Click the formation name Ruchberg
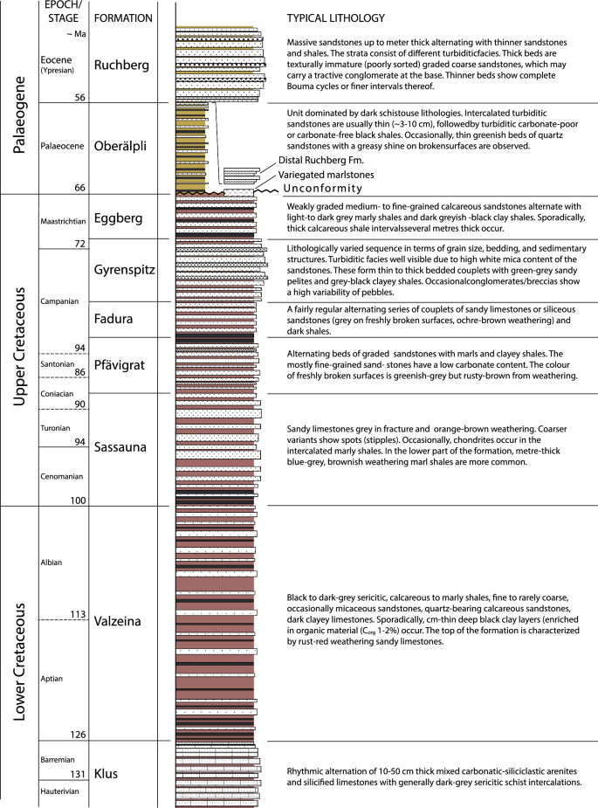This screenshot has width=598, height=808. point(122,65)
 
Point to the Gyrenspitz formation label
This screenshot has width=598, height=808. point(124,270)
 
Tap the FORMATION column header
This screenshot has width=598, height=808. point(122,17)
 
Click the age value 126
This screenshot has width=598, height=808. point(74,735)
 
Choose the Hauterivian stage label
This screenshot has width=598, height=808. point(61,791)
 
